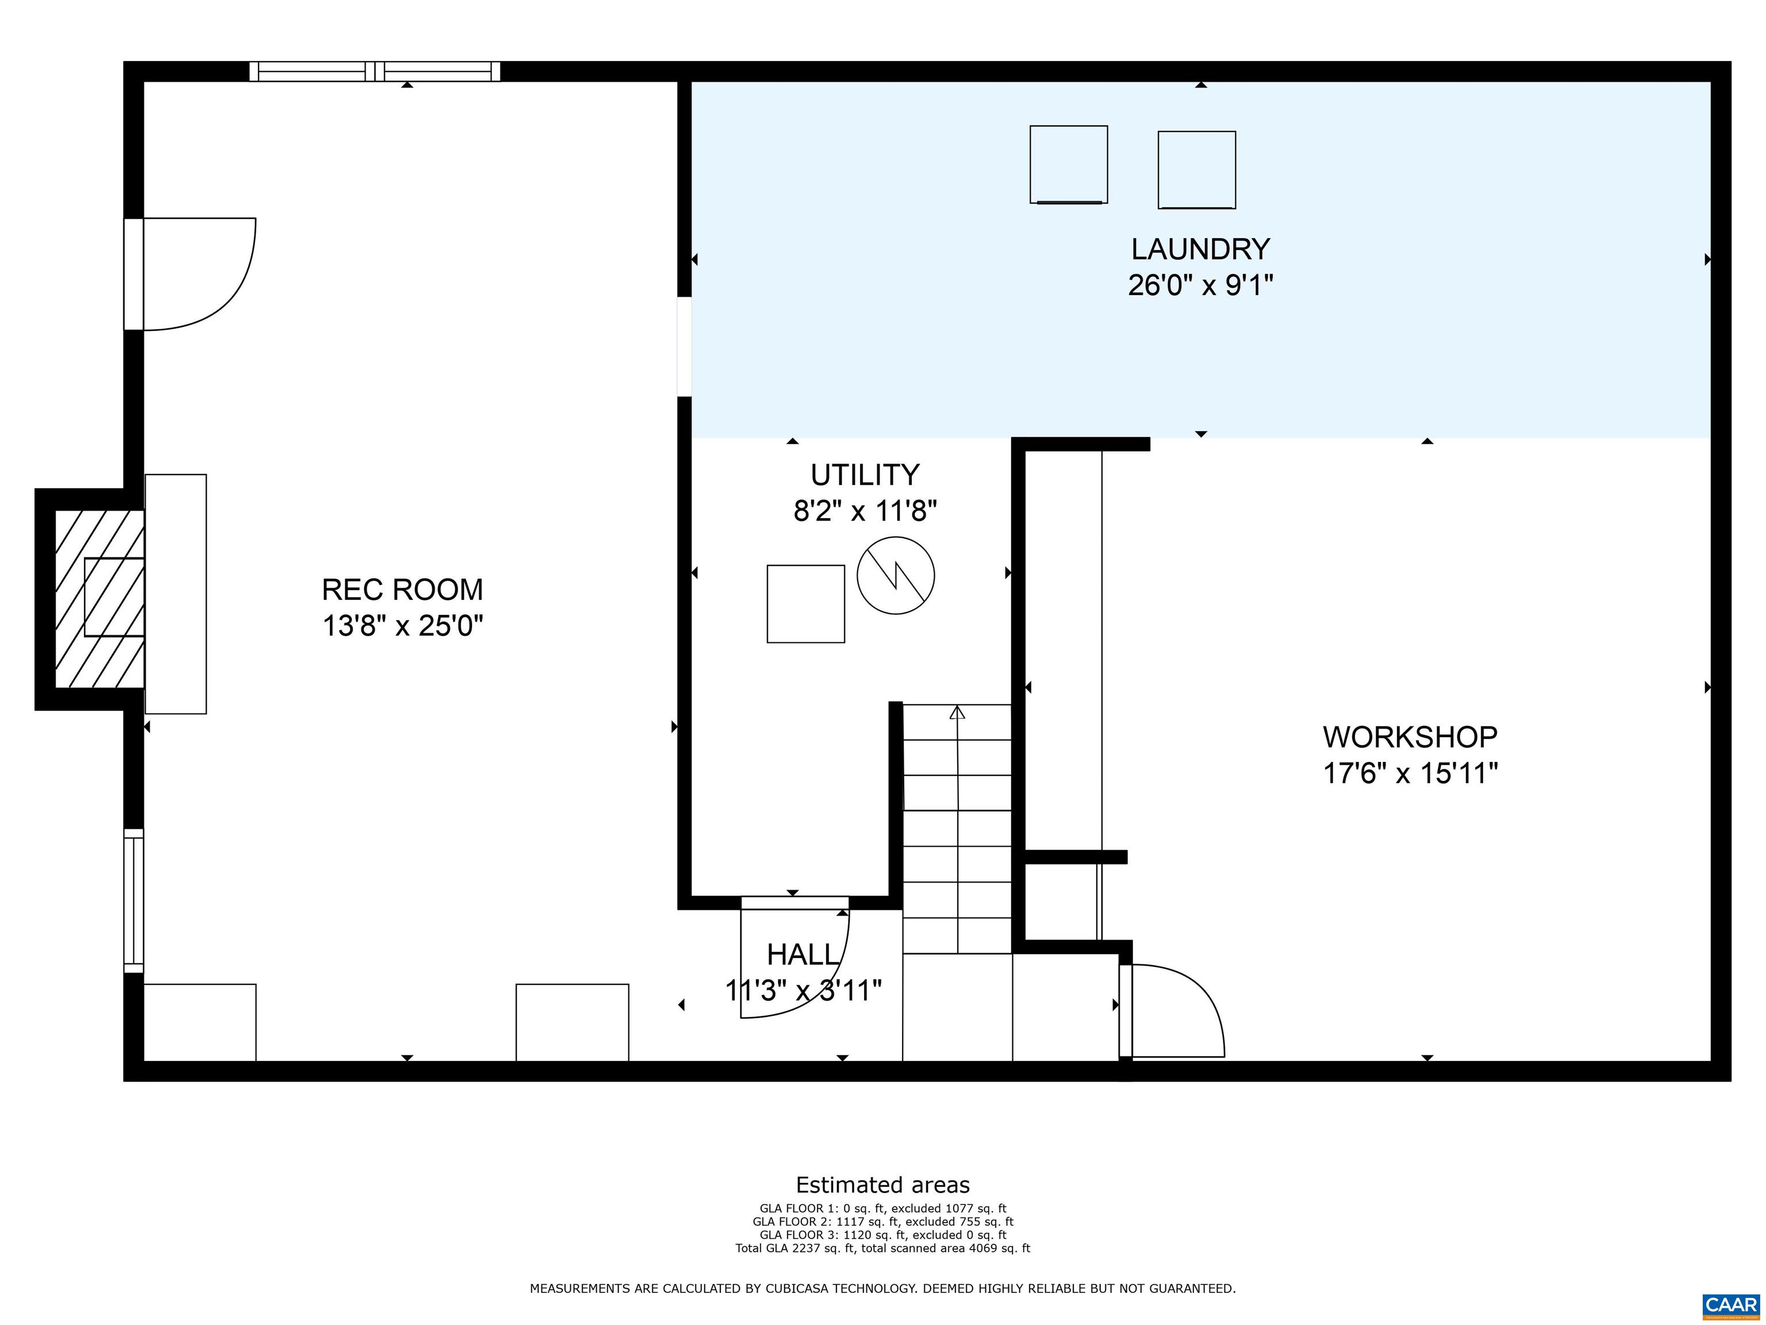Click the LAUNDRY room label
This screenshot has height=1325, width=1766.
pos(1199,249)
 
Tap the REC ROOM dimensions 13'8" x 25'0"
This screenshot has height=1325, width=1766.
pos(402,625)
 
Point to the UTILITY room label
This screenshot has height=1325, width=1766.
pos(865,475)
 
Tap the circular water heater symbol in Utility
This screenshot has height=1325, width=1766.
pos(895,575)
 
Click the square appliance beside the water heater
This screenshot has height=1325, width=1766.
pos(805,604)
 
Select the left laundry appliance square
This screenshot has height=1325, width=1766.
pos(1068,164)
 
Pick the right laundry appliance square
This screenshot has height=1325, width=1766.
pos(1196,170)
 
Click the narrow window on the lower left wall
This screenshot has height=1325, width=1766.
pos(133,901)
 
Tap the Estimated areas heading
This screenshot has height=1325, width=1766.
pos(882,1185)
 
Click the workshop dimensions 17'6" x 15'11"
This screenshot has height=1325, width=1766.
pos(1410,773)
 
